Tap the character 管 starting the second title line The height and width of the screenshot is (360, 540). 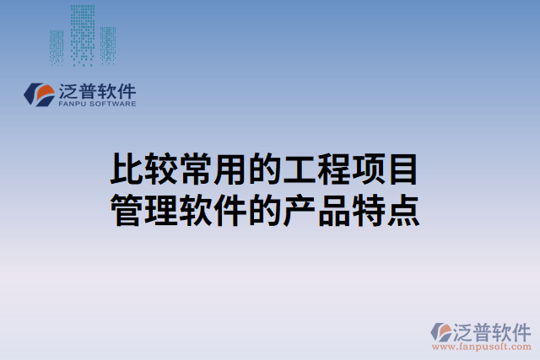(127, 210)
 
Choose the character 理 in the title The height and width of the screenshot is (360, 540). (161, 210)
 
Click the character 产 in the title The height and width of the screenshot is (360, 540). (300, 210)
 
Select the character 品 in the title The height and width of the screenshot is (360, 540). (334, 210)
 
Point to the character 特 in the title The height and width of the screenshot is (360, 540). (369, 210)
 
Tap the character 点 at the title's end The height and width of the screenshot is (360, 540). (403, 210)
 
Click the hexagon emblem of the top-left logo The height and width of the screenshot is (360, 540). (38, 94)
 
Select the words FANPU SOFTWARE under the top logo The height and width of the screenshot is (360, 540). (97, 104)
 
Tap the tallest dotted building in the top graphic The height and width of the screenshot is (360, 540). (83, 34)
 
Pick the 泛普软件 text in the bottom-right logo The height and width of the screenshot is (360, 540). (493, 330)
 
